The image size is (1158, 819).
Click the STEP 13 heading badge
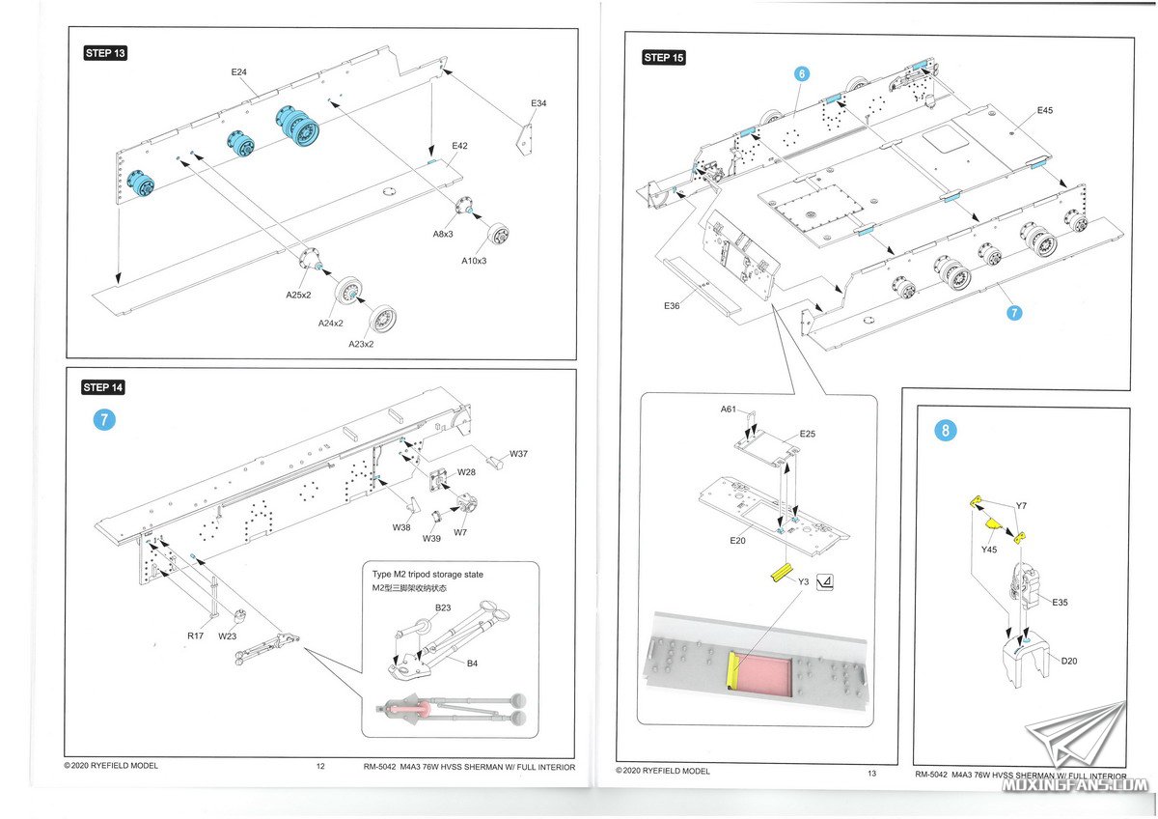point(105,53)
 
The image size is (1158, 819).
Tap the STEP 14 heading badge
point(103,387)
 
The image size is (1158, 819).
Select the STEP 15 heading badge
point(664,58)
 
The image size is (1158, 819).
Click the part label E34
point(538,103)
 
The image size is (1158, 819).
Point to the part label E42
point(458,146)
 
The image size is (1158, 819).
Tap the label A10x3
point(474,261)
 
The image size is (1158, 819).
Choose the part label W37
point(519,454)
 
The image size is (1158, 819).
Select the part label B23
point(443,607)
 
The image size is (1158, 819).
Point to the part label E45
point(1044,111)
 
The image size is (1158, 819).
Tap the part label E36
point(673,305)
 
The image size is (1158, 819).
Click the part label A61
point(729,409)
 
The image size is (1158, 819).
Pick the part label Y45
point(988,550)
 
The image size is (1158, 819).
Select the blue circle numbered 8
point(945,431)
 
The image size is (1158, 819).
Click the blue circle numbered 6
point(801,73)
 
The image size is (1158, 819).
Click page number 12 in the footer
point(320,766)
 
